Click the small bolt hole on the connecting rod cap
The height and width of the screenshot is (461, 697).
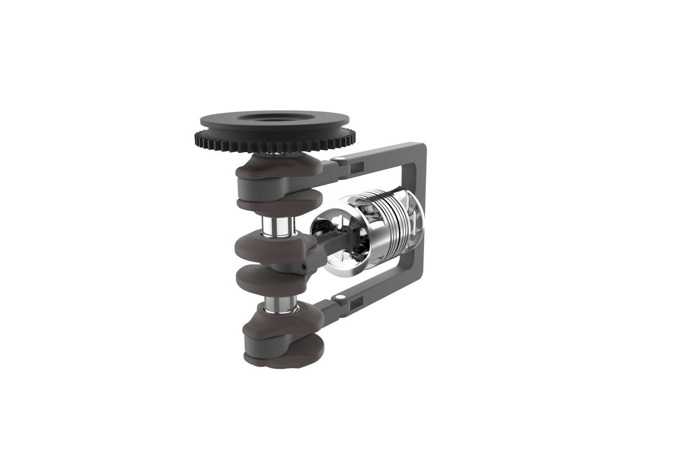303,266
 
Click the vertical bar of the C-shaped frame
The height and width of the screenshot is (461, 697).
420,222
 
